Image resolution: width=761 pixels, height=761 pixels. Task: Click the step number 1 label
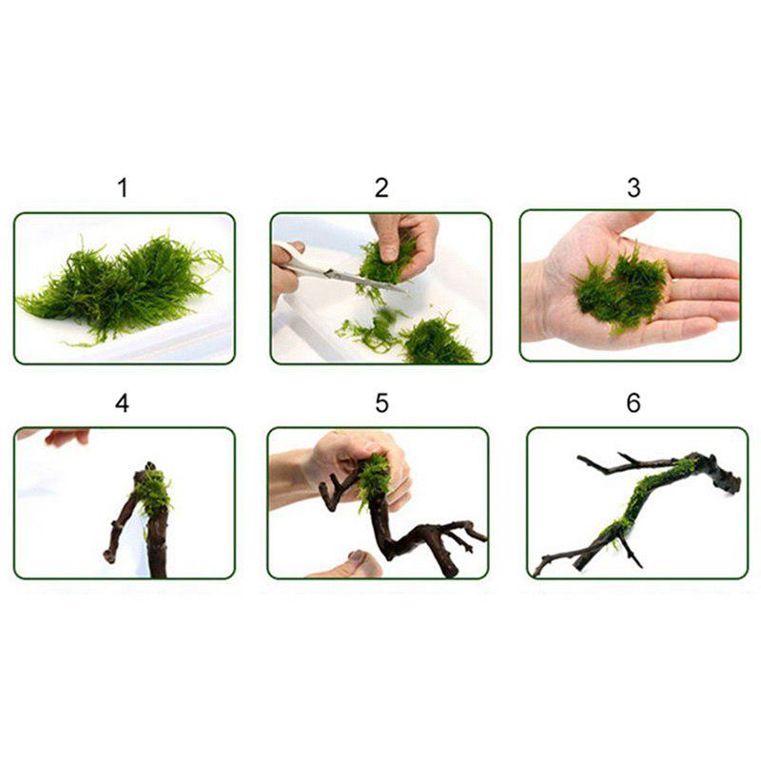122,187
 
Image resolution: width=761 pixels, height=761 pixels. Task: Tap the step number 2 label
381,187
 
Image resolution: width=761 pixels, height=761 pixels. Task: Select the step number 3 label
634,187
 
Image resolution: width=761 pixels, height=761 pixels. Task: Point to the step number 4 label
122,403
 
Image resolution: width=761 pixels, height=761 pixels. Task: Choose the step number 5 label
381,403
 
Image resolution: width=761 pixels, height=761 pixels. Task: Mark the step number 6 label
634,403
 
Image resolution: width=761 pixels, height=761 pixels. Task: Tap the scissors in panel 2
328,270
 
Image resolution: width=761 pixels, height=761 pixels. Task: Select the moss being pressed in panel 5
374,480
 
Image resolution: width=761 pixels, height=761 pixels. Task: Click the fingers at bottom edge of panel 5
352,563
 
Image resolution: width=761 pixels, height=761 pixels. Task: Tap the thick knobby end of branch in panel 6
718,472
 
